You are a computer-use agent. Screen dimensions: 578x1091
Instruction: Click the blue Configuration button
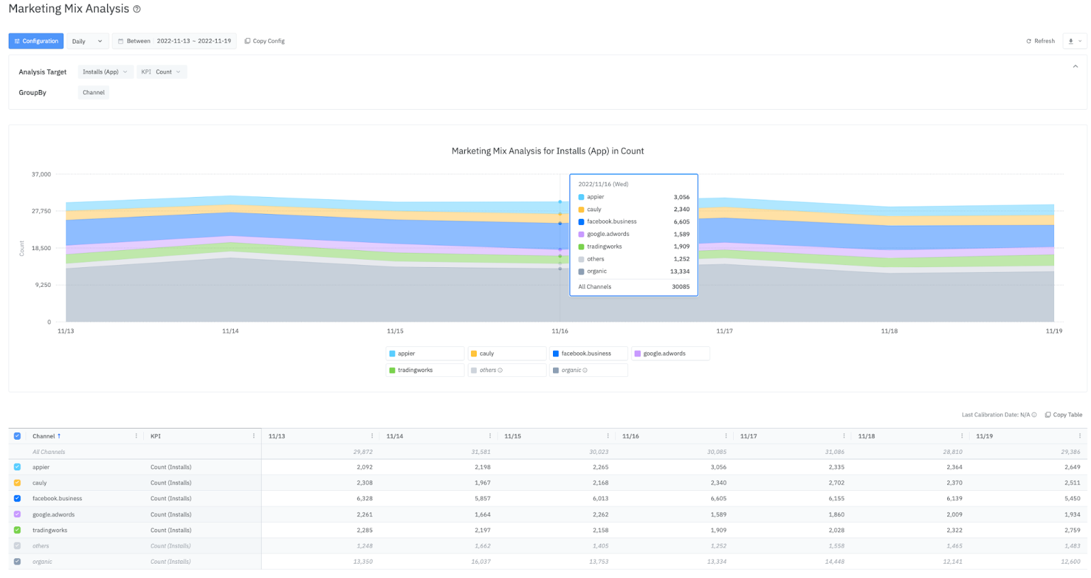(36, 41)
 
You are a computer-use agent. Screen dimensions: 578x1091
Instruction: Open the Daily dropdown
(87, 41)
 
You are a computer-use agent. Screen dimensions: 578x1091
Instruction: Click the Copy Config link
(265, 41)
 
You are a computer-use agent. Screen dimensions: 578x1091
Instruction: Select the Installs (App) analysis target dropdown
(105, 72)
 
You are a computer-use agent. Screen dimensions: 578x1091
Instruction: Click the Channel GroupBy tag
(93, 92)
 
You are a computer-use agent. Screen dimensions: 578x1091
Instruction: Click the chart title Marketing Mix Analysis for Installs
(547, 151)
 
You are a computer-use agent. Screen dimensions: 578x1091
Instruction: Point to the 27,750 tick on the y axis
(41, 211)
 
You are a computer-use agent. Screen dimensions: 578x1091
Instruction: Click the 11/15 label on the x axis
(395, 331)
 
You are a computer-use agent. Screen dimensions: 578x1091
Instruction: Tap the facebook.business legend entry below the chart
(586, 353)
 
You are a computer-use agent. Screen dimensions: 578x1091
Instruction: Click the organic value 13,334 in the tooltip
(679, 271)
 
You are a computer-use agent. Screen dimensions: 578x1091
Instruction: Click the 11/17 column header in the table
(749, 436)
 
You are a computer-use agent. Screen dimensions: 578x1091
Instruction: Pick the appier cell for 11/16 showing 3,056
(718, 467)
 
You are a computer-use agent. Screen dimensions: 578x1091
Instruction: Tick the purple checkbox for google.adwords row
(17, 514)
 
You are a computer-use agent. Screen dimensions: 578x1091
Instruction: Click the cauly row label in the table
(40, 483)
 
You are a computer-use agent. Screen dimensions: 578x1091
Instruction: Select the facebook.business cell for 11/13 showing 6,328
(364, 498)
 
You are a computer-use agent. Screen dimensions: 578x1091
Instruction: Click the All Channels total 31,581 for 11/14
(481, 451)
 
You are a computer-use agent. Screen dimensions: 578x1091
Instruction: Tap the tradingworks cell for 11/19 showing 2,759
(1072, 530)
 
